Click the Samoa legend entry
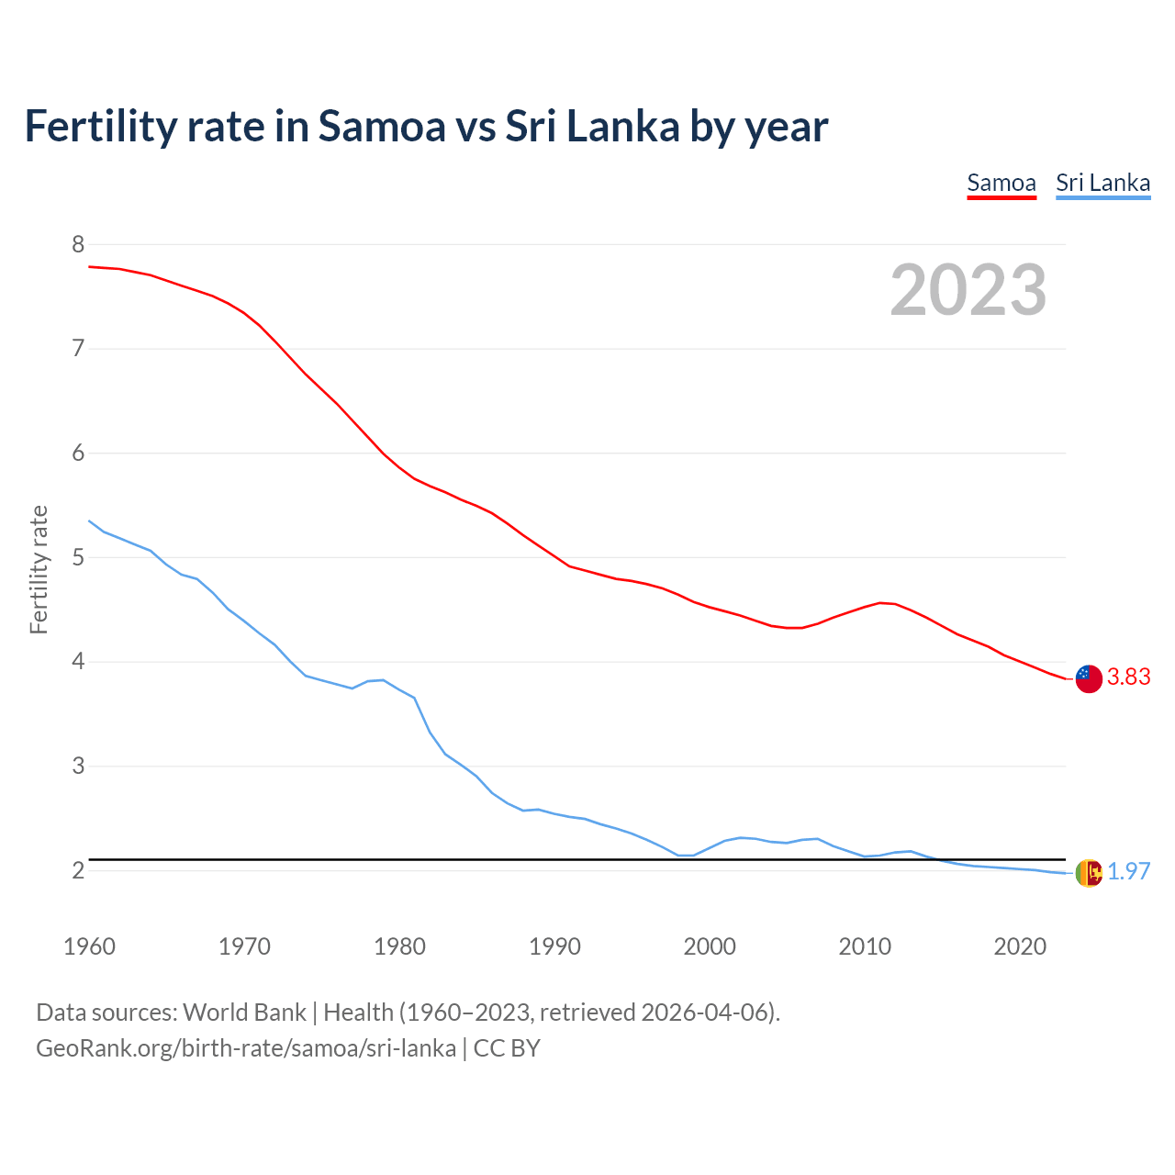tap(1002, 183)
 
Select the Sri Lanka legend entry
tap(1102, 183)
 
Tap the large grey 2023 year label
tap(968, 290)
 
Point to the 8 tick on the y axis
tap(78, 244)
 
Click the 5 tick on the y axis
tap(78, 557)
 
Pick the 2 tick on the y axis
tap(78, 870)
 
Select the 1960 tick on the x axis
tap(89, 946)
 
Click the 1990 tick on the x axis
tap(554, 946)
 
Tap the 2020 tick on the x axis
tap(1020, 946)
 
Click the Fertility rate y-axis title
tap(39, 569)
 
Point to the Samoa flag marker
tap(1088, 678)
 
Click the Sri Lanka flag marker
tap(1088, 873)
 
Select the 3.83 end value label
tap(1128, 677)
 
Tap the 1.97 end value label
tap(1128, 872)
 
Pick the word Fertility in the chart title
tap(100, 127)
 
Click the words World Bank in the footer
tap(244, 1013)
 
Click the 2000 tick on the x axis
tap(710, 946)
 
